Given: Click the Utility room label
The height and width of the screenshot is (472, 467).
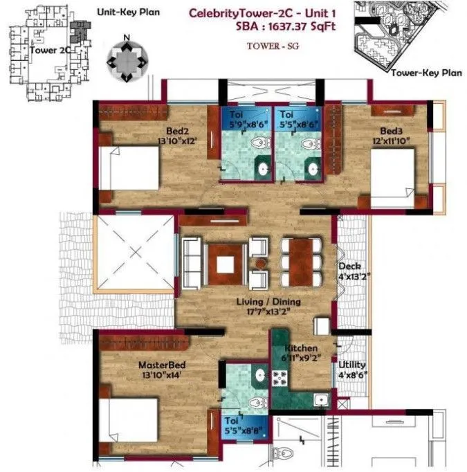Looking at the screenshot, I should pyautogui.click(x=352, y=370).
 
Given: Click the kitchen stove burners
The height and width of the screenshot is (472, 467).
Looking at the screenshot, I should pyautogui.click(x=282, y=379).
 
